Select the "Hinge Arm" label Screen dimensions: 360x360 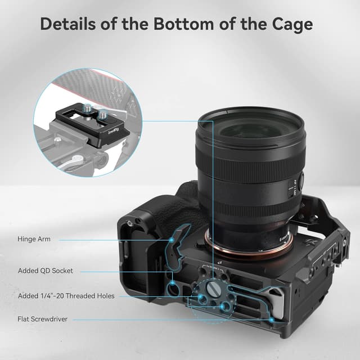(x=34, y=239)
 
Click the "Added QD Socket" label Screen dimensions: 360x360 (x=45, y=271)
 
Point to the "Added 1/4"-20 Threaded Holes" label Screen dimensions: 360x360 (x=66, y=296)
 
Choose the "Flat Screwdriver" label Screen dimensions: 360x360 (x=42, y=320)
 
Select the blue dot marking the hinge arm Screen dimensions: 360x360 (x=170, y=239)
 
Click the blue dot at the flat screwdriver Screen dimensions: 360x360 (x=272, y=319)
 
